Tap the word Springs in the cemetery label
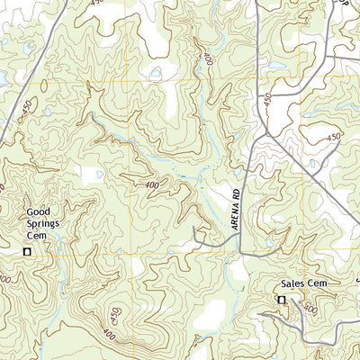(x=41, y=224)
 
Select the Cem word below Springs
(x=35, y=235)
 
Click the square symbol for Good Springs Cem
(x=26, y=251)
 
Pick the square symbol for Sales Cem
(x=281, y=300)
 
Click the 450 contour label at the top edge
(x=96, y=4)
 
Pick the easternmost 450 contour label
(x=334, y=137)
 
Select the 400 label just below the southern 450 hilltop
(x=109, y=335)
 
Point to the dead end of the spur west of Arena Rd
(x=196, y=243)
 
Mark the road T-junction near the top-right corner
(x=325, y=57)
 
